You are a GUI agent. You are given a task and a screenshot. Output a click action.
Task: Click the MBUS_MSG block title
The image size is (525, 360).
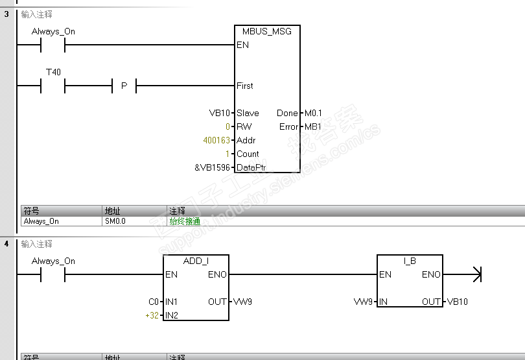[267, 31]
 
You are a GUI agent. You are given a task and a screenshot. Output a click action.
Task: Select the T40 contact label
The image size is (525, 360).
[53, 72]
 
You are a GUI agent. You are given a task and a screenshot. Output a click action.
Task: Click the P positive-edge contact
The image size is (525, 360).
[124, 86]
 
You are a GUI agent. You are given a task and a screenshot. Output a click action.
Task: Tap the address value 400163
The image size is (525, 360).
[216, 140]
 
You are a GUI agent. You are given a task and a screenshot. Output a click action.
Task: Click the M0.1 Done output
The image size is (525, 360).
[313, 113]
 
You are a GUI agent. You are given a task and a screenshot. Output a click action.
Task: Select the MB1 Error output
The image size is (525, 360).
[313, 126]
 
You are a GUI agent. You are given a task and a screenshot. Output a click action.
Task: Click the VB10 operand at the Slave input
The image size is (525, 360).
[220, 113]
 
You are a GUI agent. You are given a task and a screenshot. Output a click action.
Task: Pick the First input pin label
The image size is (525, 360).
[245, 86]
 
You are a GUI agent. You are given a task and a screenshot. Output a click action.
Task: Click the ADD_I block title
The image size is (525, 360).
[196, 261]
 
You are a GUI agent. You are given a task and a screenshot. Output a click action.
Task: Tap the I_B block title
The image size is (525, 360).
[410, 261]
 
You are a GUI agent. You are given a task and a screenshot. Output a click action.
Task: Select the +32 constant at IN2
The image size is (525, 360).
[152, 315]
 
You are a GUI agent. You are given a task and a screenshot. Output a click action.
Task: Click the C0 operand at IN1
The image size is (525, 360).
[154, 302]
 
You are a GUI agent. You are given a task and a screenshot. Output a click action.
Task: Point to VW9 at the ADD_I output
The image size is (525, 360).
[242, 302]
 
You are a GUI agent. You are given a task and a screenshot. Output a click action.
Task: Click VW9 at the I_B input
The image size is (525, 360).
[363, 302]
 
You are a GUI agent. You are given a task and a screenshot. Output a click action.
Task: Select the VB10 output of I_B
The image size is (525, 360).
[458, 302]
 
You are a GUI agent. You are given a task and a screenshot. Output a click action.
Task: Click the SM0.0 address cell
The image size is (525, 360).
[115, 221]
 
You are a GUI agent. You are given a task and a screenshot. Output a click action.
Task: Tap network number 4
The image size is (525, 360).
[6, 244]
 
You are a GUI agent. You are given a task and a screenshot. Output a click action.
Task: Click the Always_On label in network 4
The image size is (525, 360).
[53, 261]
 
